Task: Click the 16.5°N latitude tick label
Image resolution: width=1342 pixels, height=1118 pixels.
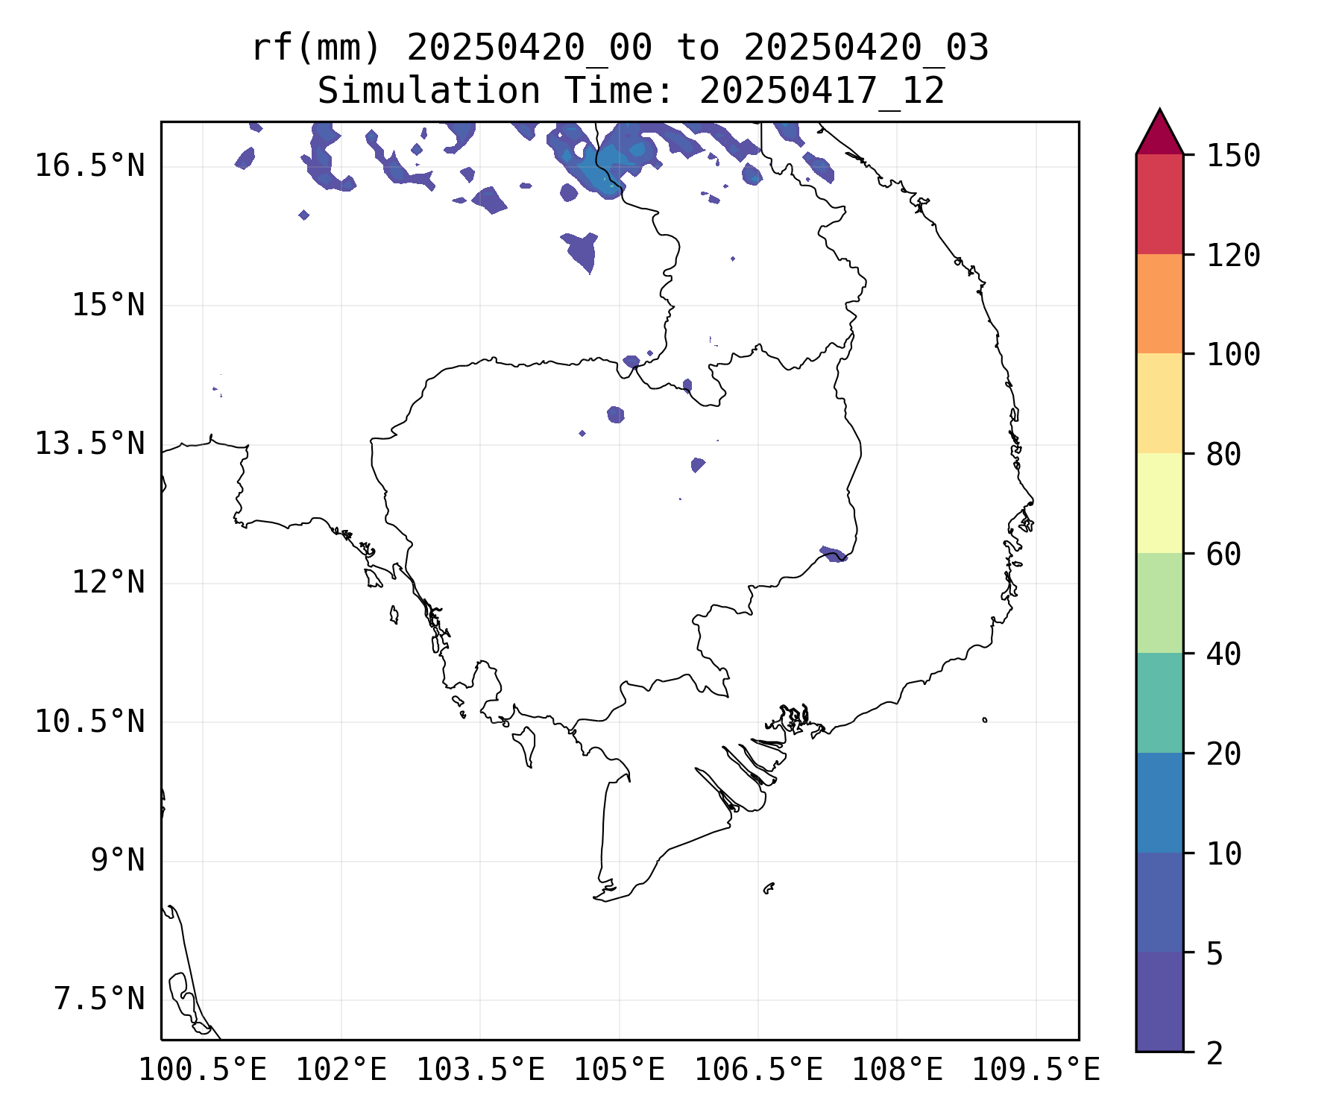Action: [89, 165]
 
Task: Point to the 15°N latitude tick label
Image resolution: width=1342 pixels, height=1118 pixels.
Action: [108, 305]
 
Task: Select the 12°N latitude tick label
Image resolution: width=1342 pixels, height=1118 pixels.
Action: [108, 582]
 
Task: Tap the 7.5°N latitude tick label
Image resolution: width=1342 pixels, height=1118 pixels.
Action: [99, 999]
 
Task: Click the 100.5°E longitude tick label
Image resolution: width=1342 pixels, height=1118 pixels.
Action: [203, 1070]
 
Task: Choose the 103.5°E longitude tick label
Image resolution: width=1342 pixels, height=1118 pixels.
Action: [480, 1070]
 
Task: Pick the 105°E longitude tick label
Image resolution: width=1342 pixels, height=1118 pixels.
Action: [619, 1070]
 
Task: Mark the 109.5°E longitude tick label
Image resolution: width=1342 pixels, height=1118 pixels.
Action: [1036, 1070]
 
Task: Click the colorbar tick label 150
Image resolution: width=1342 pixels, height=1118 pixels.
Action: [1233, 157]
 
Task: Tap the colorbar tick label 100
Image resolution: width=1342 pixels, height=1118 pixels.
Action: [1233, 355]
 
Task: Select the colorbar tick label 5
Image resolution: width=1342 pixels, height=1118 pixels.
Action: [1215, 953]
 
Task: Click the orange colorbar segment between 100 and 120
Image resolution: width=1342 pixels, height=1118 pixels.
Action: [1159, 303]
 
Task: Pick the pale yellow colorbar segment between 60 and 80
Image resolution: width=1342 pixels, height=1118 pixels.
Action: [1159, 502]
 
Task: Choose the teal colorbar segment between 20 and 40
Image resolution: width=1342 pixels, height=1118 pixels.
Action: [1159, 702]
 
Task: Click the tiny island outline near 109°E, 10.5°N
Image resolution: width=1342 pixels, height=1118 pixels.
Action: [985, 720]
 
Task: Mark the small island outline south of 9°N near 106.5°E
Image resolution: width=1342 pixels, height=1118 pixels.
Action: [769, 888]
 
